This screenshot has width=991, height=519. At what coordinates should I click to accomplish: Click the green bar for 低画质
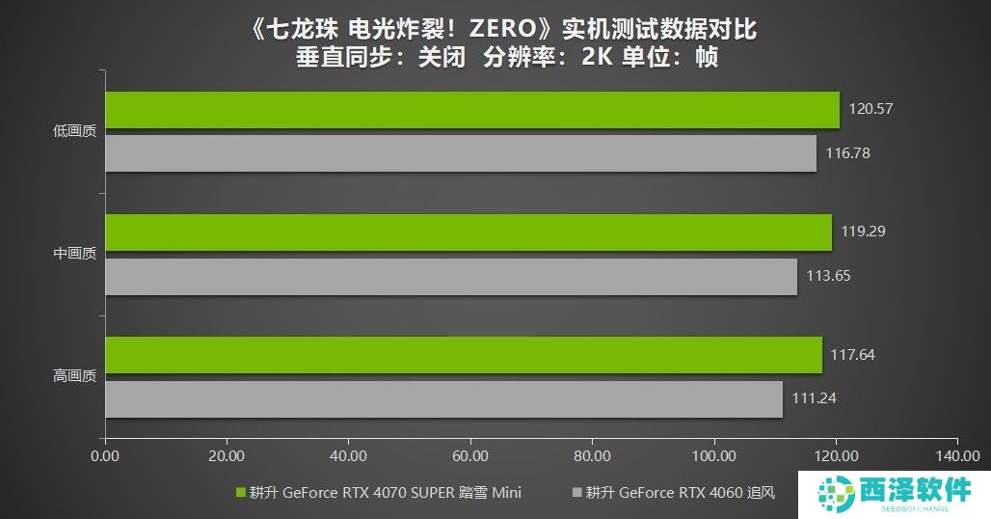pos(471,110)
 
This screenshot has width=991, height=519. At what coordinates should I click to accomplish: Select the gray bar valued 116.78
pos(460,153)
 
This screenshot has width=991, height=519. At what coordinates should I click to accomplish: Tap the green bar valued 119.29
pos(468,232)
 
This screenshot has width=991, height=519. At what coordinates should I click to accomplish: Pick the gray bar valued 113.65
pos(450,276)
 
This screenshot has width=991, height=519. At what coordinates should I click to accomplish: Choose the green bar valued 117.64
pos(463,355)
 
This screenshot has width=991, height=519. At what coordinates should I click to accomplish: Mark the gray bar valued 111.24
pos(443,398)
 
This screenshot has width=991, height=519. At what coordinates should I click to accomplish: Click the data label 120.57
pos(870,109)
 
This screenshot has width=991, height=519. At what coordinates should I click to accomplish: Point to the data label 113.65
pos(828,276)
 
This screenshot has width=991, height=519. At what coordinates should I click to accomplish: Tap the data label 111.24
pos(814,398)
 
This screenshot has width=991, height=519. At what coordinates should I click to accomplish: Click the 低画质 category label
pos(75,132)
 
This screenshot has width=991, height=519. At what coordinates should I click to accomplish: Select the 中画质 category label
pos(75,255)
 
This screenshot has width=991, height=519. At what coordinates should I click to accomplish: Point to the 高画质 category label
pos(75,377)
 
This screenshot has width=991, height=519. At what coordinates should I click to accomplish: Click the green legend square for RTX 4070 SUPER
pos(241,492)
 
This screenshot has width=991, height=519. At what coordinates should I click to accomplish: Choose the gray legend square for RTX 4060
pos(577,492)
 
